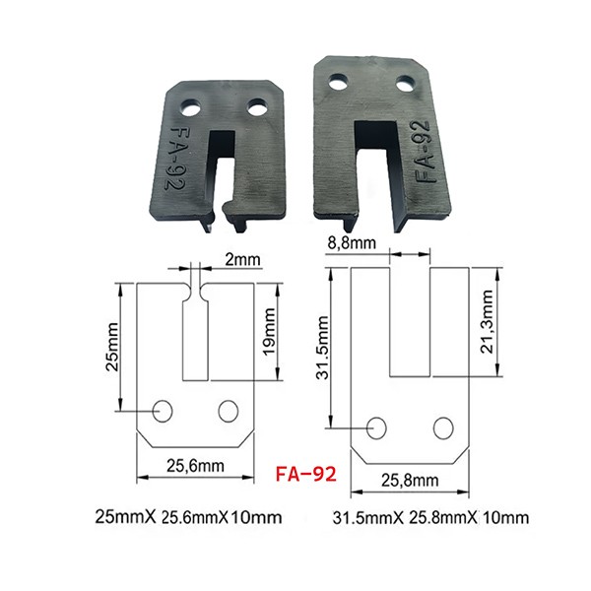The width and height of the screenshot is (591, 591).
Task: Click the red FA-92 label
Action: tap(305, 474)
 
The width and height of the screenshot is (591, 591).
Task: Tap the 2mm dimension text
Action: tap(242, 259)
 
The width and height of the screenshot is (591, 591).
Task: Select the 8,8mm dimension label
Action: tap(352, 243)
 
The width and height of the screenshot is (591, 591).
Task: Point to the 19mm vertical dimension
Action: tap(269, 331)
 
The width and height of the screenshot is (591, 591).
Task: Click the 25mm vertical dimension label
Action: tap(112, 347)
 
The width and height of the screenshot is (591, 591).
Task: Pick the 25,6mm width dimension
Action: tap(195, 466)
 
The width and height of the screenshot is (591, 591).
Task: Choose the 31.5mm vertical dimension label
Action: tap(323, 347)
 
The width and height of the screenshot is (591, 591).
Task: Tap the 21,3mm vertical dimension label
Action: tap(487, 321)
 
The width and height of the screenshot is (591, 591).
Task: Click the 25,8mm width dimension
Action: tap(410, 481)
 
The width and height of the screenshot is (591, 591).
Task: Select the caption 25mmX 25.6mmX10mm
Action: tap(188, 517)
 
